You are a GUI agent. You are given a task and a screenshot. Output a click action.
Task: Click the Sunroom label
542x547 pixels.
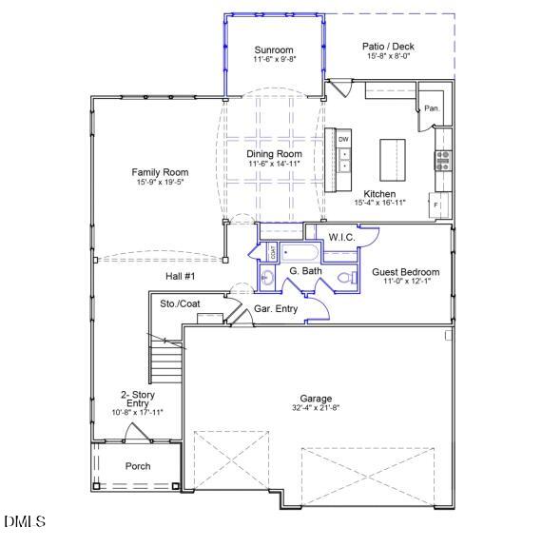[x=273, y=49]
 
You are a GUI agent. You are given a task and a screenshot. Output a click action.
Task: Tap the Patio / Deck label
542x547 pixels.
[x=389, y=46]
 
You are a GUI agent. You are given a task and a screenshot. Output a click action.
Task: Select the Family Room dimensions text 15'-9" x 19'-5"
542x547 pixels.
[x=159, y=182]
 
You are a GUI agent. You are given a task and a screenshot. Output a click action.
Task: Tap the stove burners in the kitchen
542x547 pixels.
[x=442, y=159]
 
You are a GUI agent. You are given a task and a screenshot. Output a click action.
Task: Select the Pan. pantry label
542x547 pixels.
[x=432, y=108]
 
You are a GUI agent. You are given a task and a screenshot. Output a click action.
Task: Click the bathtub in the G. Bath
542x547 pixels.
[x=298, y=253]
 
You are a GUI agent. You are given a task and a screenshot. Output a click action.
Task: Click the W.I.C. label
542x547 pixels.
[x=342, y=236]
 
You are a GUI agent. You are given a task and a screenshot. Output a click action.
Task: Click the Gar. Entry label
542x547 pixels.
[x=276, y=309]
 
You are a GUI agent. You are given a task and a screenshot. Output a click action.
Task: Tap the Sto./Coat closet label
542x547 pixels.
[x=180, y=303]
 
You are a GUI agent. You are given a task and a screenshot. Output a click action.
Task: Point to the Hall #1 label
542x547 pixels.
[x=180, y=276]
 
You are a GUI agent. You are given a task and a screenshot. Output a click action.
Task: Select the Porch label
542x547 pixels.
[x=138, y=466]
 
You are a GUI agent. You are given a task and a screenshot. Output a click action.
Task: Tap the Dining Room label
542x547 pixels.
[x=274, y=153]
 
